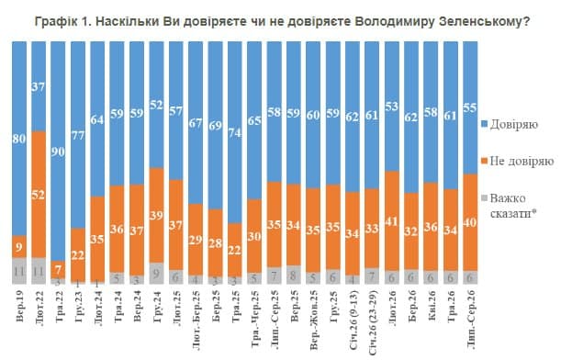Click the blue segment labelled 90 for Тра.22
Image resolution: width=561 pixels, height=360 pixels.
(x=58, y=151)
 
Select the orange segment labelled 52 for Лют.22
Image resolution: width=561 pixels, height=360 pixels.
(x=39, y=195)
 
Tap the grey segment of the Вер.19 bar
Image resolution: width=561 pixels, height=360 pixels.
(x=19, y=271)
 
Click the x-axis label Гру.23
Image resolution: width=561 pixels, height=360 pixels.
(x=79, y=307)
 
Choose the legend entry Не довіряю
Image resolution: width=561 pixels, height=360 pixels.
(x=517, y=161)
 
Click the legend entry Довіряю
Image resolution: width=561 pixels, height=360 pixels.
(x=510, y=124)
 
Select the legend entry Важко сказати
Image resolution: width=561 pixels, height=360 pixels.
(x=509, y=206)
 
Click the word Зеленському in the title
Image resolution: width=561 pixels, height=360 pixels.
(x=478, y=21)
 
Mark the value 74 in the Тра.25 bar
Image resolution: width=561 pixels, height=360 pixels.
(x=235, y=132)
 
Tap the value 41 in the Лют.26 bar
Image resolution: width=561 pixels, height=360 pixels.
(x=392, y=221)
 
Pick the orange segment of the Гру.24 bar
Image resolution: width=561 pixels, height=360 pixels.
(x=156, y=215)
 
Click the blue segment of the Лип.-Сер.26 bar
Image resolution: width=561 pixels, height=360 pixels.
(x=470, y=107)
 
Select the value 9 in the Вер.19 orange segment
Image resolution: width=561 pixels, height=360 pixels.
(x=19, y=246)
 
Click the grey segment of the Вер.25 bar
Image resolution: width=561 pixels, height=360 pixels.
(x=294, y=275)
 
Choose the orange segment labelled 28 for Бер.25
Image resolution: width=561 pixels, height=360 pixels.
(x=215, y=243)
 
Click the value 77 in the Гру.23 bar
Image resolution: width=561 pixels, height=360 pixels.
(x=78, y=135)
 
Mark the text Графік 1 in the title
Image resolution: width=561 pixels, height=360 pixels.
(x=62, y=21)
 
